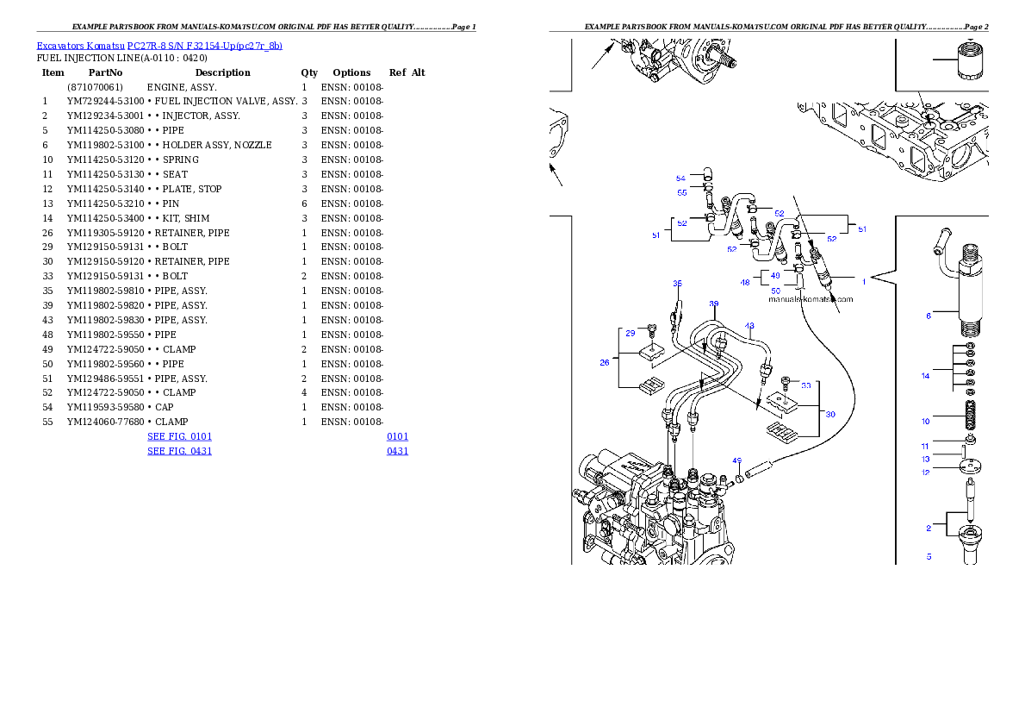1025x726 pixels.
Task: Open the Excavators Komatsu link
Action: (80, 46)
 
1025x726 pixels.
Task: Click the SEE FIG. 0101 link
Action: (180, 436)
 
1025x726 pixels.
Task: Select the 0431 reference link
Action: (397, 451)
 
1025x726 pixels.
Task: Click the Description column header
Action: (222, 72)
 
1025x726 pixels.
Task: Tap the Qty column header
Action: (309, 72)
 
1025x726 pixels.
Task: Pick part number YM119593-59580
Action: (105, 407)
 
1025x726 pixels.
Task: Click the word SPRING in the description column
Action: (180, 160)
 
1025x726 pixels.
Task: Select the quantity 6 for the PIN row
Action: (305, 203)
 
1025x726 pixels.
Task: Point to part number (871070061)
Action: (95, 87)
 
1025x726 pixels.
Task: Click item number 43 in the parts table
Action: (47, 320)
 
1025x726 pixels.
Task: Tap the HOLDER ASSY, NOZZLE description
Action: (217, 146)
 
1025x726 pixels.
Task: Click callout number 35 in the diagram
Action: (677, 284)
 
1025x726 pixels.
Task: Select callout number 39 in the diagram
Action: (714, 304)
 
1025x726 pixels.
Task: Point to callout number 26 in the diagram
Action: (605, 362)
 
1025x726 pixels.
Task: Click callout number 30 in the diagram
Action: (830, 414)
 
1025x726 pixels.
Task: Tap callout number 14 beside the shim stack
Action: (926, 376)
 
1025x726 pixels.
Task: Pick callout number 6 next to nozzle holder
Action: (929, 316)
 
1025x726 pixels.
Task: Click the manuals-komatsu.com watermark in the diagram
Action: (811, 299)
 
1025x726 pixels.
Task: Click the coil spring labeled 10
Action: (970, 416)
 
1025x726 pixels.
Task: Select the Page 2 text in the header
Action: (977, 27)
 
